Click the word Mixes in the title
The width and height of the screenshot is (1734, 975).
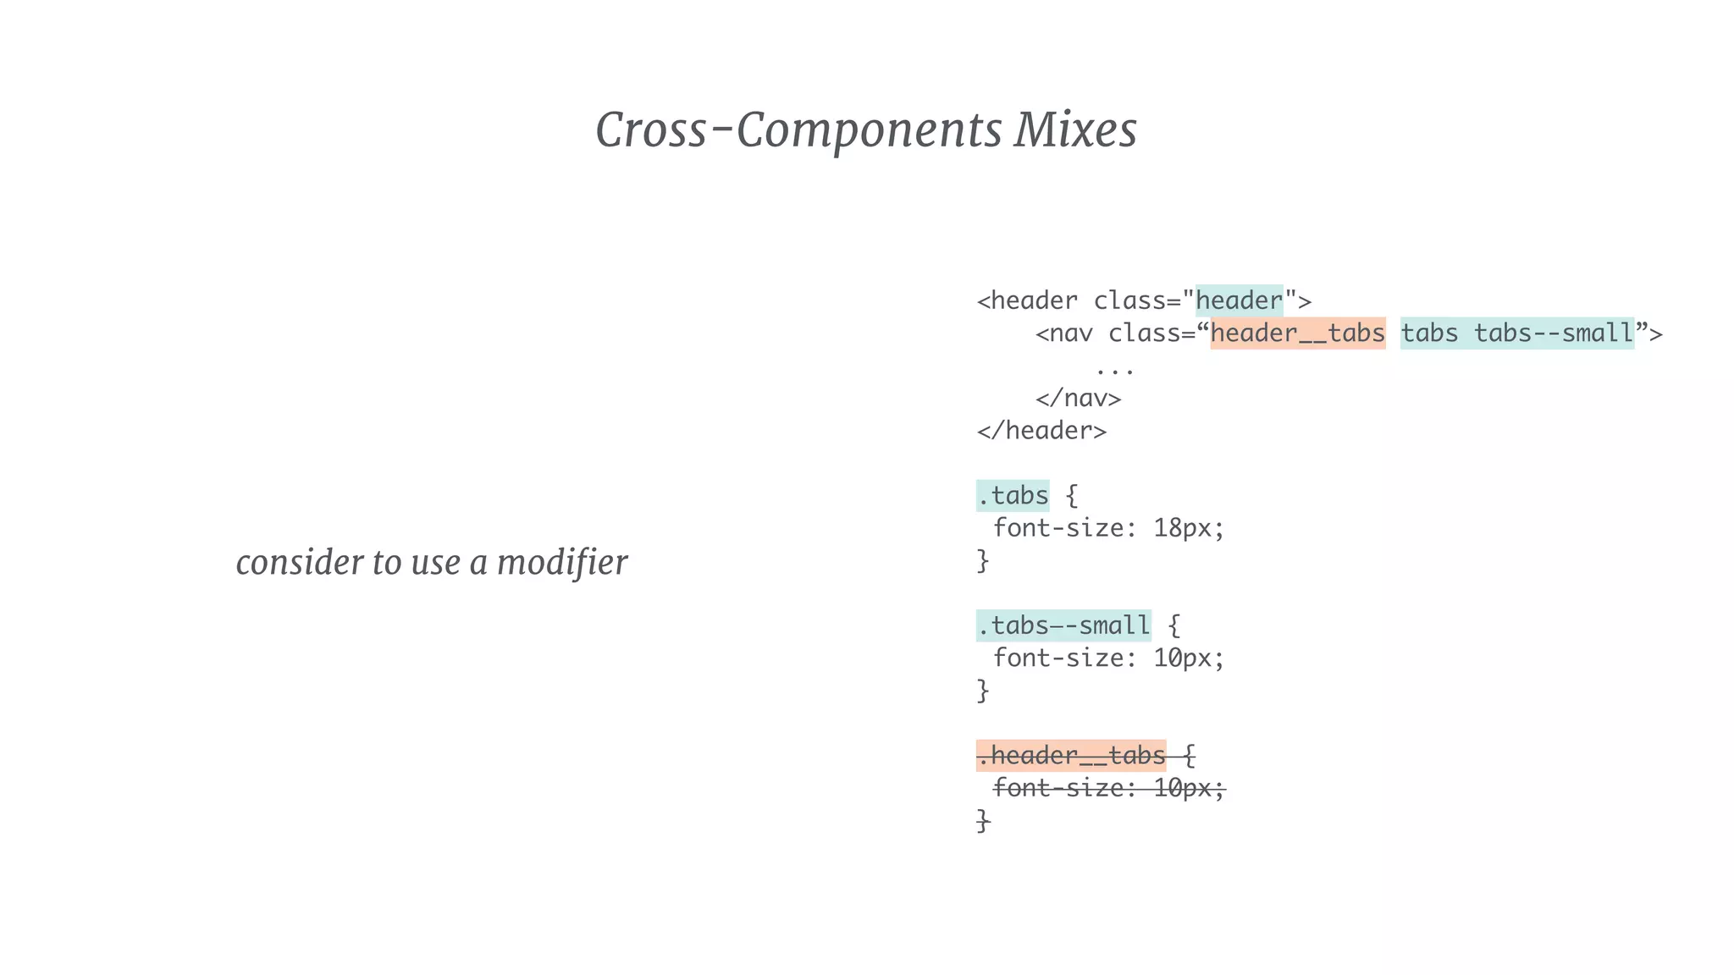point(1075,130)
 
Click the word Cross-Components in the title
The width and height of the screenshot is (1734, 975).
point(798,130)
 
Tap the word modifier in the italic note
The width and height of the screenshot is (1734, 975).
point(561,562)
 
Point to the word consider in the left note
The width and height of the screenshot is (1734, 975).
point(299,562)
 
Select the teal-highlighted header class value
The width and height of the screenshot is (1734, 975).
point(1239,300)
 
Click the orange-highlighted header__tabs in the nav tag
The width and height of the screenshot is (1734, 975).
point(1297,333)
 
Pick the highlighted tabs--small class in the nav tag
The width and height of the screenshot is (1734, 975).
point(1553,333)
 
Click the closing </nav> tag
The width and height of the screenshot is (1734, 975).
point(1078,399)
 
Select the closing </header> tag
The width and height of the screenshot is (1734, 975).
point(1041,431)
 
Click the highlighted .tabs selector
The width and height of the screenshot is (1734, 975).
point(1013,496)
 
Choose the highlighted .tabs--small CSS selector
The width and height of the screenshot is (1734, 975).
point(1063,626)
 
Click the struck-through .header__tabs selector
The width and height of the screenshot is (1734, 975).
point(1071,755)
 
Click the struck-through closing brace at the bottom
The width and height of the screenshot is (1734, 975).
point(983,820)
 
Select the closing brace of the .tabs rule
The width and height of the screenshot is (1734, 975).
point(983,560)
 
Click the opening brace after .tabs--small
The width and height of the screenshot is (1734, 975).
point(1173,626)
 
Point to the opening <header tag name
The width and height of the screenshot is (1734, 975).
point(1027,300)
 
